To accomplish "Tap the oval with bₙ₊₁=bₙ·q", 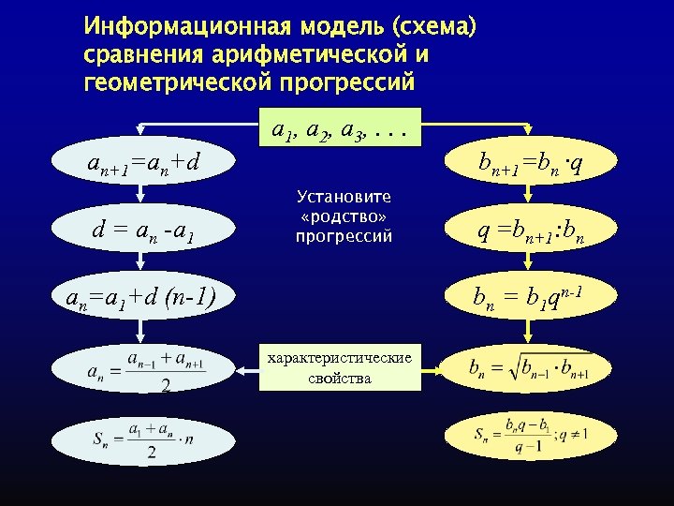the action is point(530,164).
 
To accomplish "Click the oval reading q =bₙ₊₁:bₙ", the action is point(530,228).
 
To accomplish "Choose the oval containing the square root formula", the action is point(528,367).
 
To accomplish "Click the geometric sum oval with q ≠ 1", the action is point(530,435).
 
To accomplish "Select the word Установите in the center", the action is point(344,197).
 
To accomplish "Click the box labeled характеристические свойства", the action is point(340,367).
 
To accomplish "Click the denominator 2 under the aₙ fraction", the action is point(165,384).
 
